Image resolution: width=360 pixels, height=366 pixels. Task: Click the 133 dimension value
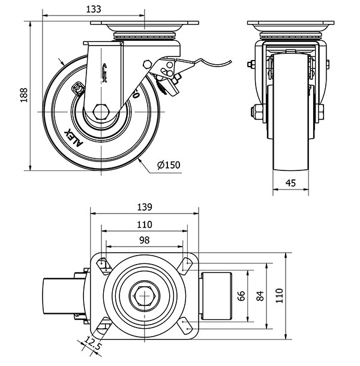[93, 9]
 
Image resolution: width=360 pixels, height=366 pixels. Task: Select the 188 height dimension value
[23, 95]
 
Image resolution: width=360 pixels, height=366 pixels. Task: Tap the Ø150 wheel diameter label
[169, 165]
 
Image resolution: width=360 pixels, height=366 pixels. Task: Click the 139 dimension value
[144, 207]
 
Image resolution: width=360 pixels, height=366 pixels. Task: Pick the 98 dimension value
[144, 239]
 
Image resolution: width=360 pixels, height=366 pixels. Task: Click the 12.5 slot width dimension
[92, 347]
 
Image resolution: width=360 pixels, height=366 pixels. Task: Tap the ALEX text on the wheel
[71, 137]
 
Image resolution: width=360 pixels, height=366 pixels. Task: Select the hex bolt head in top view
[143, 295]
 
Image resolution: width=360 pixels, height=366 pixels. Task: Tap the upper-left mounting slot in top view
[103, 264]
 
